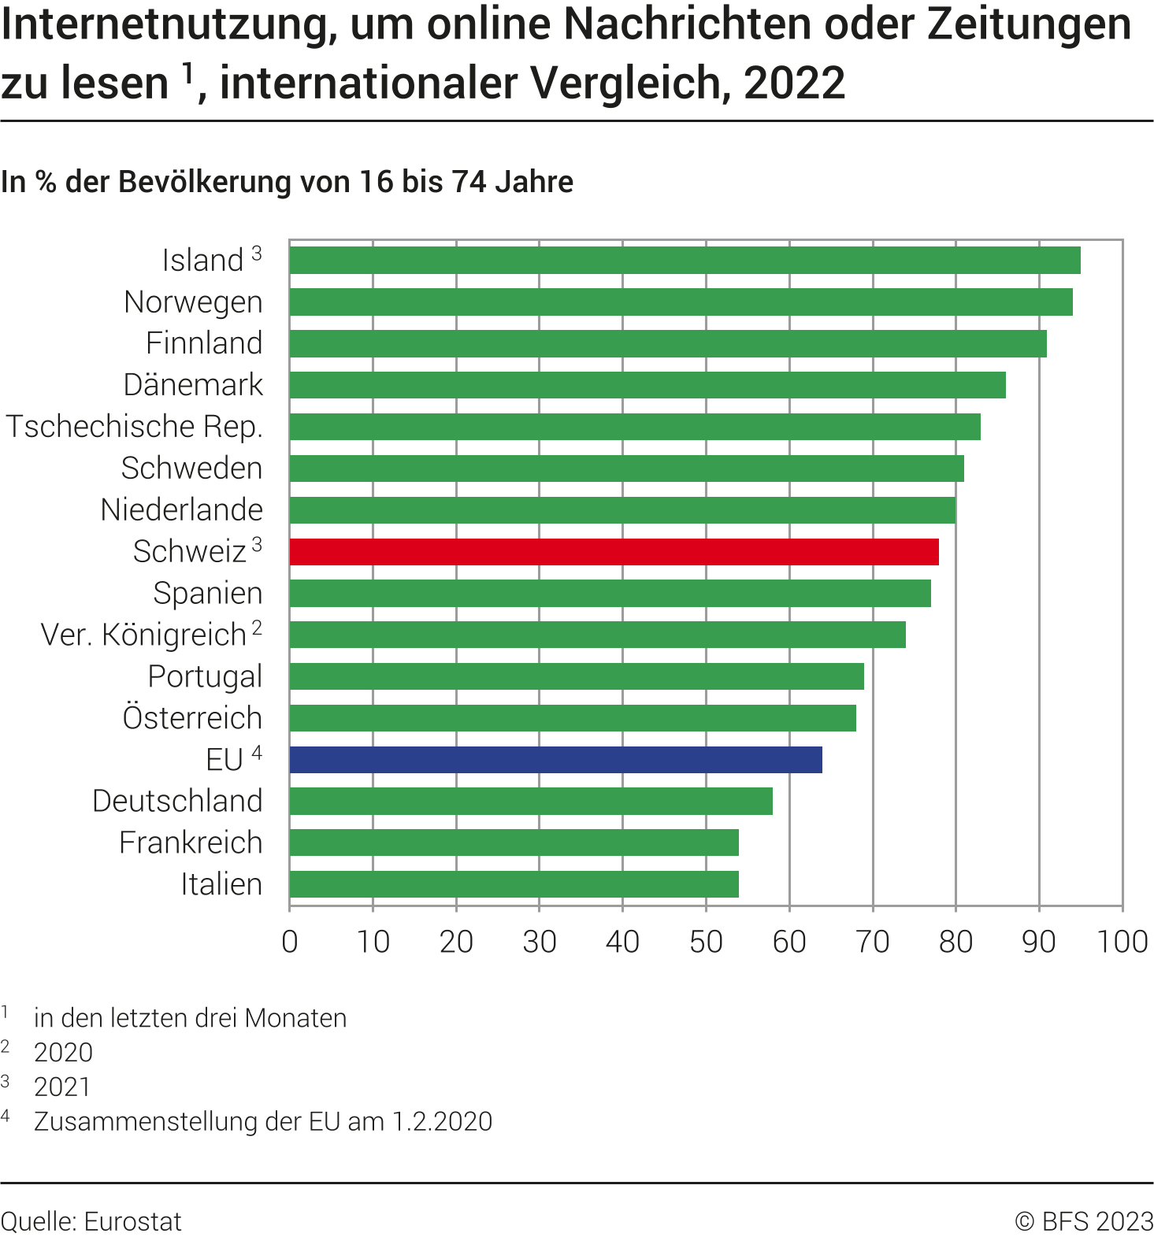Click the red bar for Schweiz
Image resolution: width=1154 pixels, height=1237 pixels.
614,552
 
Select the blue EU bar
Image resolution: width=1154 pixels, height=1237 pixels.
555,760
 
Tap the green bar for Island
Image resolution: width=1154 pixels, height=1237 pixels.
685,261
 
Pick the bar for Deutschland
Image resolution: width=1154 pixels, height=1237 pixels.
531,802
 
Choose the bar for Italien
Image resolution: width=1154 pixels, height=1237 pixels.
514,884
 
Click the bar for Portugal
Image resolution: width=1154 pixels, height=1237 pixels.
577,676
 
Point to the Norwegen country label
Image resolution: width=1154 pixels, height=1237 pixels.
193,302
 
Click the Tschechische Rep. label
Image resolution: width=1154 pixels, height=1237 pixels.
134,427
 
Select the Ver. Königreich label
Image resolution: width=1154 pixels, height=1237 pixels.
143,635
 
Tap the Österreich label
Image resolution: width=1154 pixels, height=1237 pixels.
192,718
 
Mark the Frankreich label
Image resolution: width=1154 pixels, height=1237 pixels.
191,843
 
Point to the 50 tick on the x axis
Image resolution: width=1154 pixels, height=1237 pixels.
706,942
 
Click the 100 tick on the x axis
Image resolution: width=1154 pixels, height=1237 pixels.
1122,942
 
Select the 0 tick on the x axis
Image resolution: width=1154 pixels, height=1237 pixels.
290,942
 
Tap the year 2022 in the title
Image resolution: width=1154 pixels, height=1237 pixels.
794,83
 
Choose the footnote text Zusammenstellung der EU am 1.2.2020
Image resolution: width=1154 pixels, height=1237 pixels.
263,1121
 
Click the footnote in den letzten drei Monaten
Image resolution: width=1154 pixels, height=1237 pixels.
190,1018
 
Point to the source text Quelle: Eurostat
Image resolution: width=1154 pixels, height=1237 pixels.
91,1221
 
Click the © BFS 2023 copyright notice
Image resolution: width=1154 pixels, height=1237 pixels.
1084,1221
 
